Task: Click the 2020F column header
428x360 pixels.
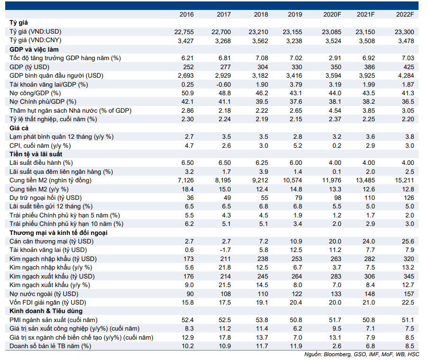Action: pyautogui.click(x=332, y=15)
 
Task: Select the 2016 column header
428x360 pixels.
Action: pyautogui.click(x=186, y=15)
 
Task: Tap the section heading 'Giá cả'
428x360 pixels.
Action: pyautogui.click(x=19, y=128)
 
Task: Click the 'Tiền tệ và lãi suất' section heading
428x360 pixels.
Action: pyautogui.click(x=36, y=154)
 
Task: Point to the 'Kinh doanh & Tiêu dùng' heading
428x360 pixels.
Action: pyautogui.click(x=46, y=311)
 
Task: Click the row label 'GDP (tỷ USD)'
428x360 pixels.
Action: pyautogui.click(x=29, y=67)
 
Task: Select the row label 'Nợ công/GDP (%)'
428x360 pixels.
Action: pyautogui.click(x=35, y=93)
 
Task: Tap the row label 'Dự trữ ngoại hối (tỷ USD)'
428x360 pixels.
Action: pyautogui.click(x=46, y=198)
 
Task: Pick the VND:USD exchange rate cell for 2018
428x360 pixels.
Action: pyautogui.click(x=258, y=32)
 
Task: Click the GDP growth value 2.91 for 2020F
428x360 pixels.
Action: pyautogui.click(x=335, y=58)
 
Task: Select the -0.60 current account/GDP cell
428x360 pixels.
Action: pyautogui.click(x=223, y=84)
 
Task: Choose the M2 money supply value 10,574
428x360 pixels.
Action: pyautogui.click(x=292, y=180)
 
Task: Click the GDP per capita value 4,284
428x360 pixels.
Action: pyautogui.click(x=406, y=75)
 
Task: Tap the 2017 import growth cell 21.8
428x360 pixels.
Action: pyautogui.click(x=225, y=268)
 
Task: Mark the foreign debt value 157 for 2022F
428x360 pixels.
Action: pyautogui.click(x=409, y=294)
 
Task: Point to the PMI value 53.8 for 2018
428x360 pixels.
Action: pyautogui.click(x=262, y=320)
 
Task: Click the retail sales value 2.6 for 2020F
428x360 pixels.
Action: pyautogui.click(x=337, y=346)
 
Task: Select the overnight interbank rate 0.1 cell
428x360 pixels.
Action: pyautogui.click(x=337, y=171)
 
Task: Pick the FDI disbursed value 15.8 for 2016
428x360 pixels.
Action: pyautogui.click(x=188, y=303)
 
